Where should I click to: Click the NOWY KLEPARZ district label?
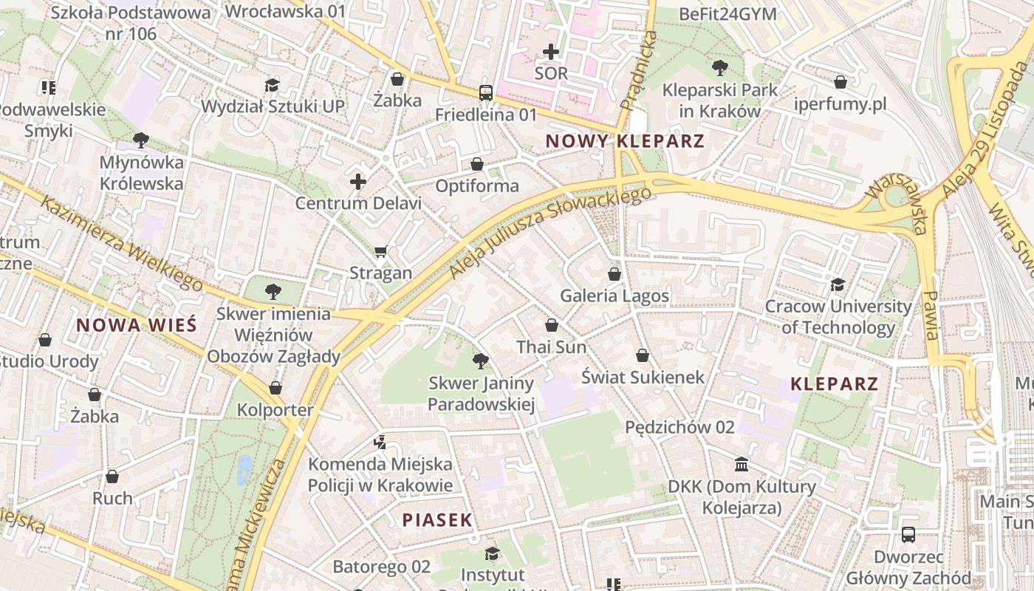pos(625,141)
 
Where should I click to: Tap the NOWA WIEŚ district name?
pos(137,324)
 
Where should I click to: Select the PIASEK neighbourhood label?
pos(437,519)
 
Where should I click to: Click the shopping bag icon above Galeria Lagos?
pos(614,274)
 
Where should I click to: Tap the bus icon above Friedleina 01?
pos(485,92)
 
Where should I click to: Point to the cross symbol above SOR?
pos(551,52)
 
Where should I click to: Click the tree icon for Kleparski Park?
pos(719,68)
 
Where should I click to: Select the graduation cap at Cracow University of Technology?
pos(838,284)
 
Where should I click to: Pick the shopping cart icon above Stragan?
pos(381,252)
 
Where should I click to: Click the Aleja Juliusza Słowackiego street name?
pos(550,233)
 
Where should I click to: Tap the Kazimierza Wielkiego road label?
pos(122,243)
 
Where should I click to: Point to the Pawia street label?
pos(931,315)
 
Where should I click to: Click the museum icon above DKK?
pos(742,464)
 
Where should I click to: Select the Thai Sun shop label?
pos(552,346)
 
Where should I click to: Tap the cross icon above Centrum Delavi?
pos(358,181)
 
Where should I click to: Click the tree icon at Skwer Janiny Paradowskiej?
pos(481,361)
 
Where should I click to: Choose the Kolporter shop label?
pos(275,409)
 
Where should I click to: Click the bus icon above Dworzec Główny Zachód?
pos(908,534)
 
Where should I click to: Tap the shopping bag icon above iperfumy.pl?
pos(840,82)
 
